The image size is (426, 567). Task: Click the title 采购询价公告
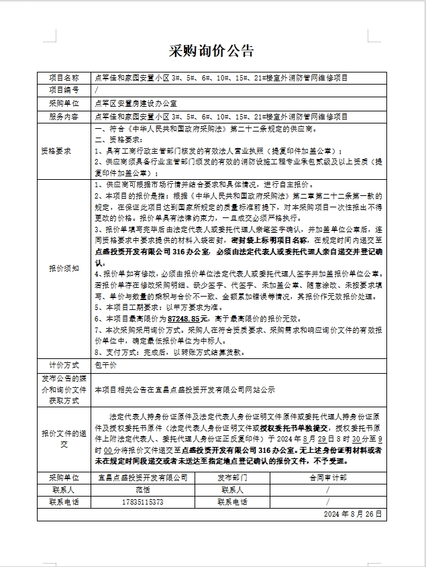(212, 51)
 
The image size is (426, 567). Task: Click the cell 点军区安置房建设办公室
(136, 103)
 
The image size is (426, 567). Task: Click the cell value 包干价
(106, 366)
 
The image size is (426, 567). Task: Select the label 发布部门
(232, 478)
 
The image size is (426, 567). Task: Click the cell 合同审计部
(327, 478)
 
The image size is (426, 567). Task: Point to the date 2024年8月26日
(352, 514)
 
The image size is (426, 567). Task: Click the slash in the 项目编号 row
(97, 89)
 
